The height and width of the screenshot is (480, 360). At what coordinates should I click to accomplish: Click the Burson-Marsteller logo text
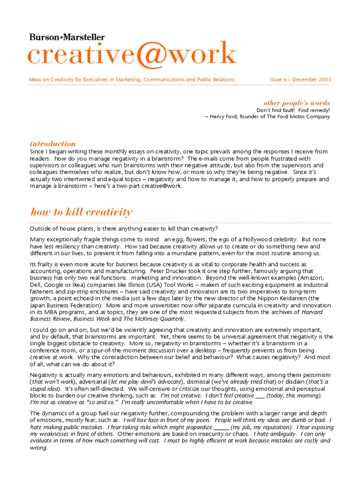(67, 37)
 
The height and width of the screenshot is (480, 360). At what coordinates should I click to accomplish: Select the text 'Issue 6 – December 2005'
(300, 80)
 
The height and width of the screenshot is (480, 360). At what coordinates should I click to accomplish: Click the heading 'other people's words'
(296, 103)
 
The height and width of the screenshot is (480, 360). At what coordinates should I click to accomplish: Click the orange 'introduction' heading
(52, 144)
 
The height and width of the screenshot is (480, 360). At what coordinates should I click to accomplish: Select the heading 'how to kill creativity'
(82, 212)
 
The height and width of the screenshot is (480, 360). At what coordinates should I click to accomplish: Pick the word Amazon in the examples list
(318, 278)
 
